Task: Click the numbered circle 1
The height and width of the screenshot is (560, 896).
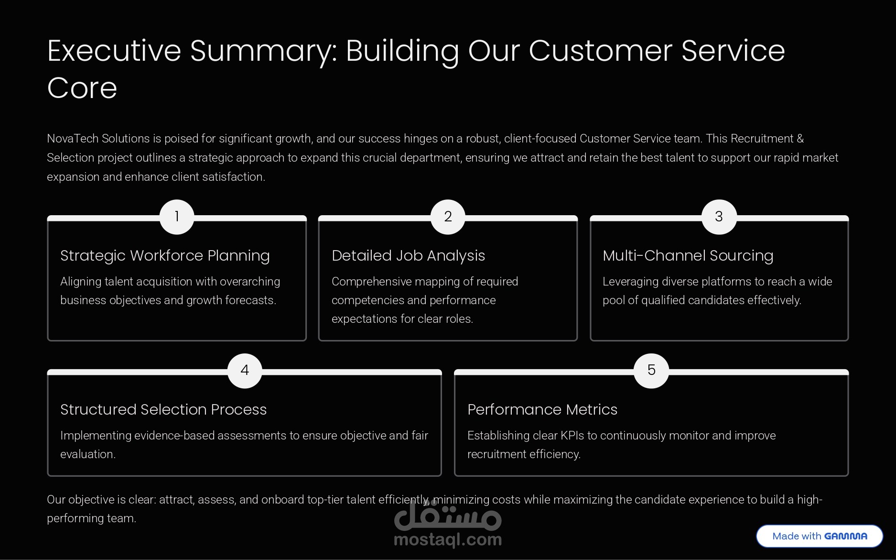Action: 177,217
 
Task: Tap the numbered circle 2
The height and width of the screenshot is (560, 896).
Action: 448,217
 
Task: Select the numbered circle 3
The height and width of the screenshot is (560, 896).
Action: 719,217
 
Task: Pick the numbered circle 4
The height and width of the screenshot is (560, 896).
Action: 245,371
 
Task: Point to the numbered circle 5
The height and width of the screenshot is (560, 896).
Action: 651,371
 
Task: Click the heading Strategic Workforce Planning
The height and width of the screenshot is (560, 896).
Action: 165,256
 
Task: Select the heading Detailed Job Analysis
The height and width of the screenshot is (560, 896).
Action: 408,256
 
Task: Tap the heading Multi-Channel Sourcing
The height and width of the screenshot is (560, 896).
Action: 688,256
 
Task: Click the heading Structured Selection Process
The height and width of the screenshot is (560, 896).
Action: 163,410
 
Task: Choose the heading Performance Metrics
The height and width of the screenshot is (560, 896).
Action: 542,410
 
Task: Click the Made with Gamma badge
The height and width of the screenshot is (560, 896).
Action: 820,536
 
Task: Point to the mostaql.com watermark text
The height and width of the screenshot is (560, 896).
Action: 448,540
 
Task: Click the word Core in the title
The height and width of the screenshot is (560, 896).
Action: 82,88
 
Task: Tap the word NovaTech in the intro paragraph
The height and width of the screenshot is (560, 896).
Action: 72,139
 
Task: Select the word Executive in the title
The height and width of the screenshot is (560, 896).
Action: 114,51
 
